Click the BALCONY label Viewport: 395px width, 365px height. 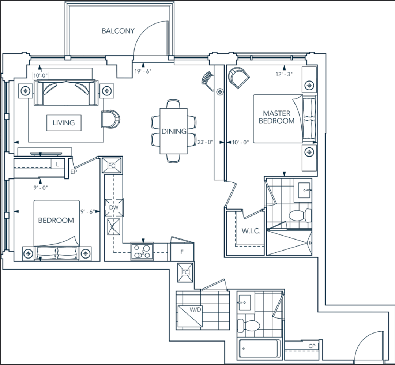click(x=118, y=31)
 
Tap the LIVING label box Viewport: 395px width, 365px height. click(x=64, y=123)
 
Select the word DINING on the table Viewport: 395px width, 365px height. click(x=174, y=131)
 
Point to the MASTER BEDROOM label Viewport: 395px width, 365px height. click(x=276, y=117)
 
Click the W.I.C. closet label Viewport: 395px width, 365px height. click(x=251, y=231)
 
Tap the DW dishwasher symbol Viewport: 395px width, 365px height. click(x=114, y=208)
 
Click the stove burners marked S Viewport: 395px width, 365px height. click(x=142, y=252)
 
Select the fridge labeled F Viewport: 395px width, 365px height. click(x=182, y=252)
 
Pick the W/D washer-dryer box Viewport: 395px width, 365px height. click(x=190, y=316)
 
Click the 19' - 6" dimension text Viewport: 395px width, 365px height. click(x=143, y=71)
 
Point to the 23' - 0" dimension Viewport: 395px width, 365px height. click(x=205, y=142)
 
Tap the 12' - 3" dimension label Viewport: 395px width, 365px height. click(x=284, y=74)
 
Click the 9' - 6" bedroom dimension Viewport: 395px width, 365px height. click(x=88, y=212)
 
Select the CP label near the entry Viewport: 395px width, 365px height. click(x=312, y=346)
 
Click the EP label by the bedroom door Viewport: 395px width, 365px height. click(x=74, y=172)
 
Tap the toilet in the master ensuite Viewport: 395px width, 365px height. click(x=300, y=216)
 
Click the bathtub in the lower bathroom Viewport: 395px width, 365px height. click(x=259, y=349)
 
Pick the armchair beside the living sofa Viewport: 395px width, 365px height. click(x=110, y=119)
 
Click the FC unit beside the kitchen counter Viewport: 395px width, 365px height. click(x=112, y=165)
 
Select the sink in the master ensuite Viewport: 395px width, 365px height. click(x=305, y=191)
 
